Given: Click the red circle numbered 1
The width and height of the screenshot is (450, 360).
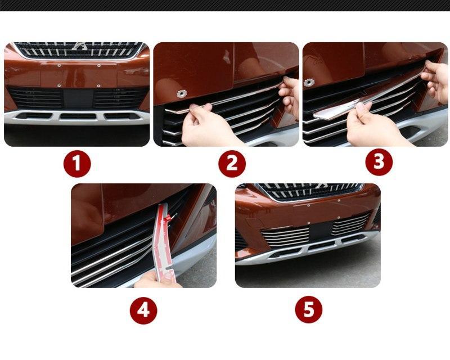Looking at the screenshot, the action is (x=77, y=164).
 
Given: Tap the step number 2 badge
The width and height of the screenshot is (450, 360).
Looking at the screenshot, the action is (x=232, y=164).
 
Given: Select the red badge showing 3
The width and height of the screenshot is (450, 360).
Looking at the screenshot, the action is (x=379, y=162).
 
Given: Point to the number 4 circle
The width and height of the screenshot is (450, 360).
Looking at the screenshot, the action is (x=143, y=310).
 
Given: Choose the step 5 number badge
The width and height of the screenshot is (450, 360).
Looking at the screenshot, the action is (x=309, y=309).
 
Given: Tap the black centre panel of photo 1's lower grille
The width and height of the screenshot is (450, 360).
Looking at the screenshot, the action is (x=78, y=98).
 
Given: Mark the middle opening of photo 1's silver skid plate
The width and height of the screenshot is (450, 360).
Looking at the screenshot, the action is (x=78, y=116).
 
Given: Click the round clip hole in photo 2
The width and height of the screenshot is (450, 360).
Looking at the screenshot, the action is (x=181, y=93).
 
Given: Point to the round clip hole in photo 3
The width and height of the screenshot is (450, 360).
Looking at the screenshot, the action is (x=309, y=83).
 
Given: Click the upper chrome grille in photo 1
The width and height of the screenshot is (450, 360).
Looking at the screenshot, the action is (x=79, y=49).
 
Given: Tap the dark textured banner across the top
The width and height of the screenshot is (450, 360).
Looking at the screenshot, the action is (x=225, y=6).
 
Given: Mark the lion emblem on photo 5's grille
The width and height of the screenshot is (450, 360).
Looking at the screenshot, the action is (x=321, y=186).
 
